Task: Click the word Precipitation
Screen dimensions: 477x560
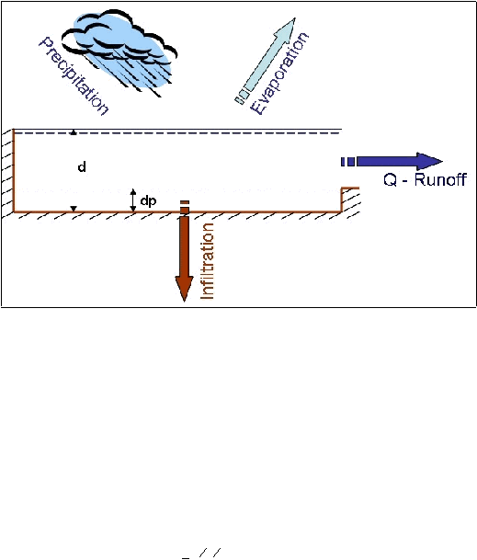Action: [74, 75]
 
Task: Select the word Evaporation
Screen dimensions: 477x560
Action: [279, 74]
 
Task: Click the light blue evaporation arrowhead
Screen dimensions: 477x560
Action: [287, 29]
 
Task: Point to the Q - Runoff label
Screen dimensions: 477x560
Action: [425, 179]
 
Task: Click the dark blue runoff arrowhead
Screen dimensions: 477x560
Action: [429, 162]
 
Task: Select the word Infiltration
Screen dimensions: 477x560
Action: [208, 261]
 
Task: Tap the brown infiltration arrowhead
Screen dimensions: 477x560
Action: [184, 289]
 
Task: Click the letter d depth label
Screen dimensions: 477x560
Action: [82, 166]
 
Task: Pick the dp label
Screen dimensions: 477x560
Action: [148, 201]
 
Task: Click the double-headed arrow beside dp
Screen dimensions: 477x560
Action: [133, 200]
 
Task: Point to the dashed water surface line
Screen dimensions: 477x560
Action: [177, 133]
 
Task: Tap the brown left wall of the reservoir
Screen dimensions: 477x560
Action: [14, 170]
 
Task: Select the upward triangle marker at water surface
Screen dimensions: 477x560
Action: [74, 132]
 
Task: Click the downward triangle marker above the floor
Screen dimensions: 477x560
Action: [74, 209]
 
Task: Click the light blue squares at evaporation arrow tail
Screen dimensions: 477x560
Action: [242, 97]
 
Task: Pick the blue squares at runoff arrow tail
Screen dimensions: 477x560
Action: [348, 162]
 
